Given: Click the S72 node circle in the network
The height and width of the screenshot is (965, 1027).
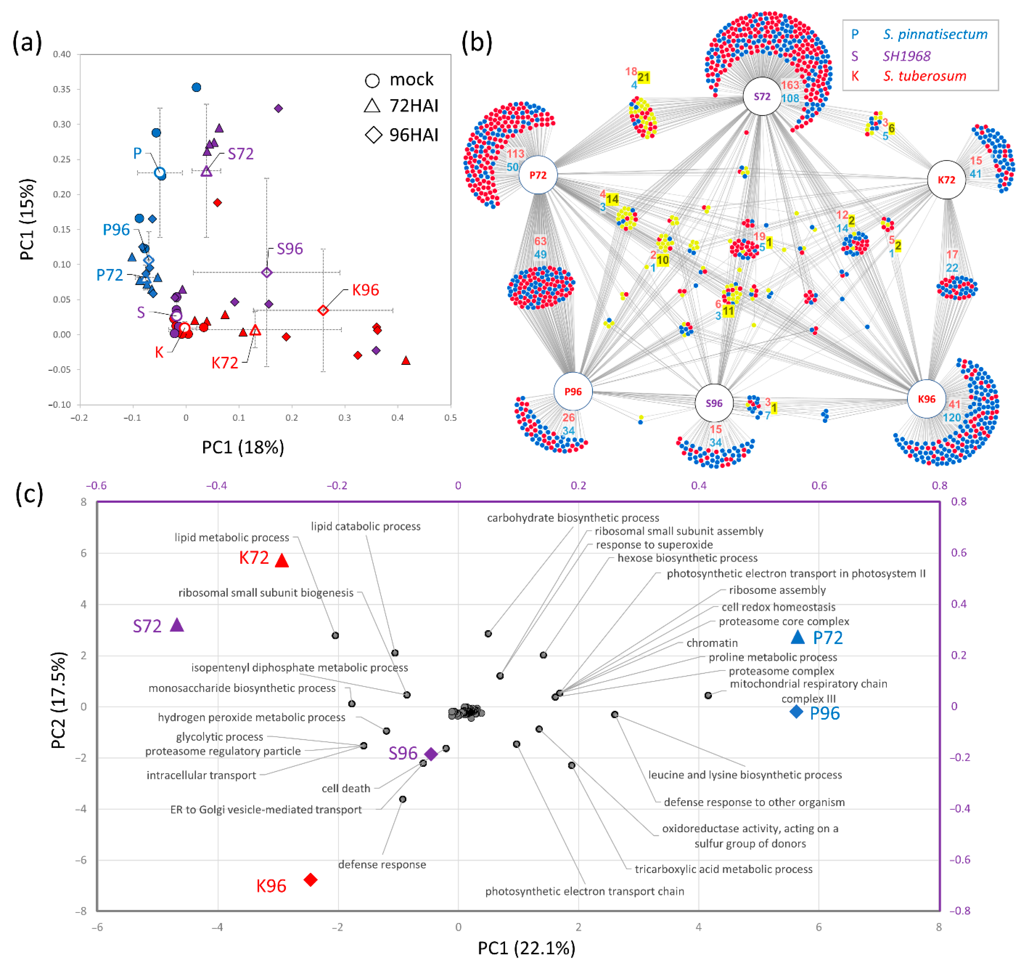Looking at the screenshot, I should tap(762, 97).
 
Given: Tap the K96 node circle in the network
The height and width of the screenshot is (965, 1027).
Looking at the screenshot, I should tap(926, 399).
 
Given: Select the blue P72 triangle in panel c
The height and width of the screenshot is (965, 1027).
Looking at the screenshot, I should tap(798, 637).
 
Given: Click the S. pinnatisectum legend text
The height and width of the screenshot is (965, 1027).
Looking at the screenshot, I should tap(935, 35).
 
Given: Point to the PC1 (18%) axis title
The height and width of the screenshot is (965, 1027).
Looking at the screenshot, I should tap(243, 447).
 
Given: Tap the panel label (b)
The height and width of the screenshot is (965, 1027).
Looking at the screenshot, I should tap(476, 42).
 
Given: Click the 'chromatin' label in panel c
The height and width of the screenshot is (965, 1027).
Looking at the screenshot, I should tap(712, 643).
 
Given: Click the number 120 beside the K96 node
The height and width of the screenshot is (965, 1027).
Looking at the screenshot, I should tap(951, 418).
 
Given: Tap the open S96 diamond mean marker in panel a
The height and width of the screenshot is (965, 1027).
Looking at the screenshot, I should tap(266, 273).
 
